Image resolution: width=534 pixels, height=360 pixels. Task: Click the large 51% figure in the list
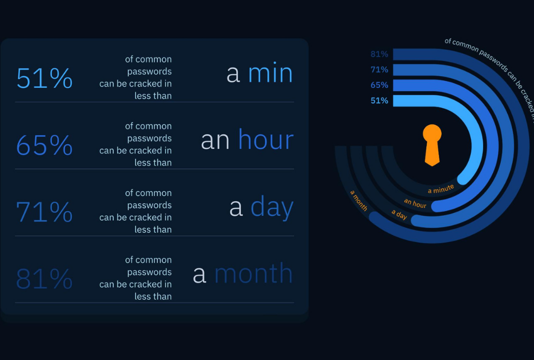pos(44,78)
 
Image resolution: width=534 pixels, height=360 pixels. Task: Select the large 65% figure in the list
pos(44,144)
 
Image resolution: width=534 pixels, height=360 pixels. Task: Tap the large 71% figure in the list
pos(44,211)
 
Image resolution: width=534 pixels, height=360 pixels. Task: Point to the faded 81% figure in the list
pos(44,278)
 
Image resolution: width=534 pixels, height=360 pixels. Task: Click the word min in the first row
pos(270,73)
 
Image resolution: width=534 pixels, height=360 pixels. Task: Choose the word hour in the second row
pos(266,139)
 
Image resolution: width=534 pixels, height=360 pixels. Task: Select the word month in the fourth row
pos(253,273)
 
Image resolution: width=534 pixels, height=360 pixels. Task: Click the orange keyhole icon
pos(432,145)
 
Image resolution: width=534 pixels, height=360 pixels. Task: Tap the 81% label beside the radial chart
pos(379,54)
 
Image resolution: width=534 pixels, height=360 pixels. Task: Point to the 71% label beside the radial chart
pos(379,69)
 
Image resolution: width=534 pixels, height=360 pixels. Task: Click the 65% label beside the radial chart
pos(379,85)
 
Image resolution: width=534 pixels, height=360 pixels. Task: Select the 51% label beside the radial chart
pos(379,100)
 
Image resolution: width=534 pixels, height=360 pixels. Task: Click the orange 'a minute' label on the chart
pos(441,189)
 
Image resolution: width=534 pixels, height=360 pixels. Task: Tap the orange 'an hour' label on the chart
pos(415,203)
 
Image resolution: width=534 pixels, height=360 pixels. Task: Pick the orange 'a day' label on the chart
pos(399,214)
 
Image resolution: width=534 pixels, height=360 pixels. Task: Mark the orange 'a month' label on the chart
pos(358,200)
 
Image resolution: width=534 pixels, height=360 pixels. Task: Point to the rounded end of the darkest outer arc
pos(375,217)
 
